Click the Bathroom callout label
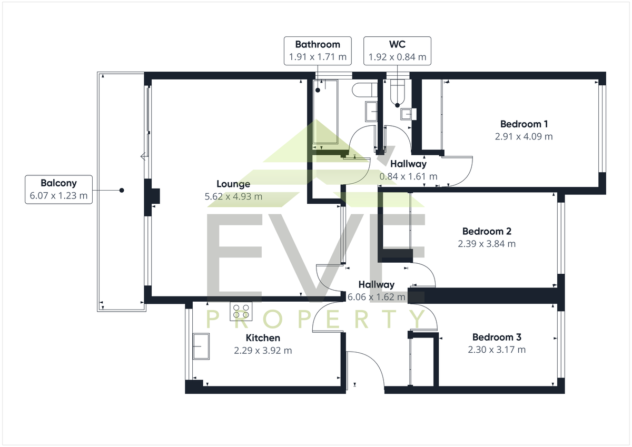[x=318, y=51]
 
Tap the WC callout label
[x=397, y=51]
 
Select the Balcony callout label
[x=58, y=190]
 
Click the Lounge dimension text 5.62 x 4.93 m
[x=233, y=196]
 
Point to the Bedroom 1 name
[x=524, y=124]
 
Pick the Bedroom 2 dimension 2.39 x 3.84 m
[x=487, y=244]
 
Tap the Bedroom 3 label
[x=497, y=337]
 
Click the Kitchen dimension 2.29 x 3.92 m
[x=263, y=351]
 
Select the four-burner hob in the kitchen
[x=241, y=311]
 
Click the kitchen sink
[x=201, y=346]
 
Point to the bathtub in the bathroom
[x=325, y=112]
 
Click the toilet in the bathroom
[x=364, y=90]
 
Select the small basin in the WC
[x=408, y=114]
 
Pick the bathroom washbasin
[x=371, y=112]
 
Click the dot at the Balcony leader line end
[x=122, y=191]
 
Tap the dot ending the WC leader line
[x=397, y=105]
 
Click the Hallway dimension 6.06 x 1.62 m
[x=377, y=297]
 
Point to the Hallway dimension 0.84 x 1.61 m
[x=408, y=176]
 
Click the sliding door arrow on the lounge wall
[x=144, y=156]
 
